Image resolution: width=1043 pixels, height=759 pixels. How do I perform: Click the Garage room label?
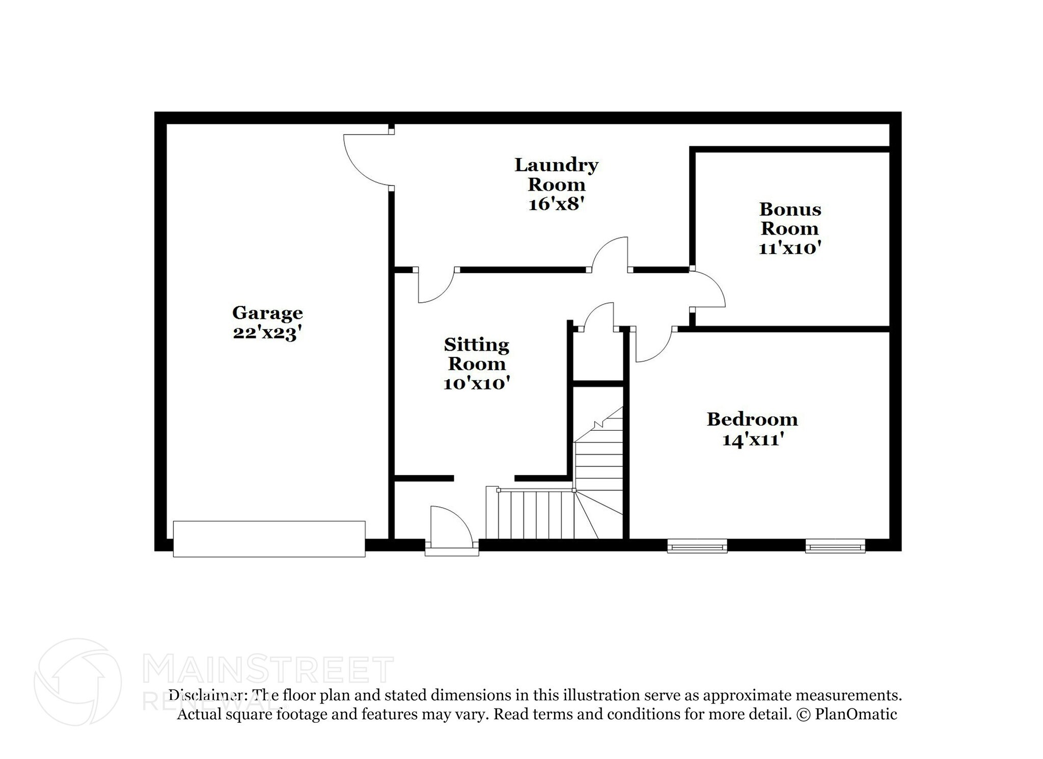point(267,312)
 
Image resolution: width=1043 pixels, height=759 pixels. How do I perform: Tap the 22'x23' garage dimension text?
point(267,332)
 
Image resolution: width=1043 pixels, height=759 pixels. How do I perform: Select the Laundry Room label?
point(556,174)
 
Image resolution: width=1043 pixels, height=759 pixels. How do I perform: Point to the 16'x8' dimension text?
point(556,204)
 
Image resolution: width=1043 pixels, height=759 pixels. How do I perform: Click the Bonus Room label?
point(790,219)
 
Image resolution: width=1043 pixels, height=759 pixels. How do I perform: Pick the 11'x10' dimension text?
point(790,248)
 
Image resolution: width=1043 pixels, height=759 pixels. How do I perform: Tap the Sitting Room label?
point(477,354)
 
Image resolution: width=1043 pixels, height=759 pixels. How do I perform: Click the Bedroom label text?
point(752,420)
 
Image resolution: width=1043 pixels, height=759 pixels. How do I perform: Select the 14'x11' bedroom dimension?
point(752,439)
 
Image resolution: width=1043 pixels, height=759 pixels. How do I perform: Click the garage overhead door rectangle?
point(269,539)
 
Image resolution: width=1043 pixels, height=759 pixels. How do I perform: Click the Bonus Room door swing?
point(708,289)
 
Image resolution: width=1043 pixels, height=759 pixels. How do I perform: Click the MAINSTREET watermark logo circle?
point(77,682)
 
